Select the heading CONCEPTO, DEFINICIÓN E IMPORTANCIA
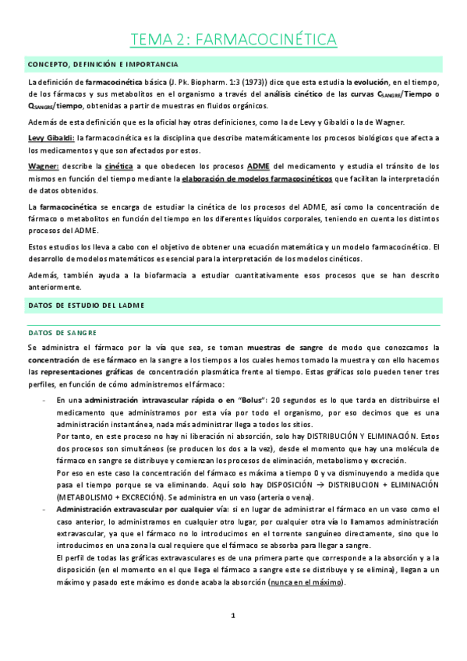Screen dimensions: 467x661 click(x=102, y=64)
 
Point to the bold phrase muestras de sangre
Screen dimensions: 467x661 click(x=293, y=347)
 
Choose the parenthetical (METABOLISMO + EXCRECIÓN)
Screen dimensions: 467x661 click(x=109, y=498)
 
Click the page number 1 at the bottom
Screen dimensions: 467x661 click(x=233, y=638)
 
